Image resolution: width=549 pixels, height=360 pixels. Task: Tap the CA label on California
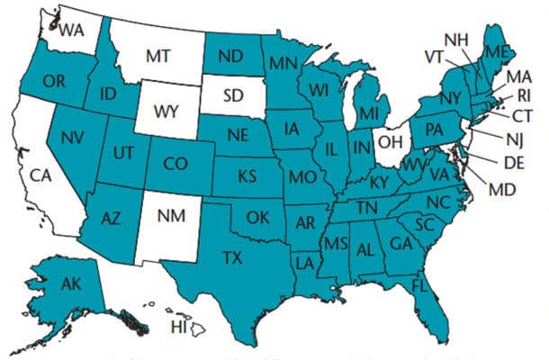click(40, 175)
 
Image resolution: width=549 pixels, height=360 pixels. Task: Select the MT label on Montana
click(158, 56)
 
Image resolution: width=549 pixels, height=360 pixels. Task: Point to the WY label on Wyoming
click(166, 113)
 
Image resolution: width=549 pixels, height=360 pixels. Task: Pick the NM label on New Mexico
click(173, 216)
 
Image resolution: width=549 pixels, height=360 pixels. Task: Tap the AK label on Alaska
click(71, 285)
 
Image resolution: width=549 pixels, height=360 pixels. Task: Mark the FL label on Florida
click(418, 285)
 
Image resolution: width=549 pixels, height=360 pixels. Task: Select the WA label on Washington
click(71, 30)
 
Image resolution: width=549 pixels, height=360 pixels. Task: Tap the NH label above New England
click(456, 39)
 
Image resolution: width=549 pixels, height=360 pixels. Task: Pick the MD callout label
click(501, 191)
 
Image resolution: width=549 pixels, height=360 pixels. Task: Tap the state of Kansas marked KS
click(247, 175)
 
